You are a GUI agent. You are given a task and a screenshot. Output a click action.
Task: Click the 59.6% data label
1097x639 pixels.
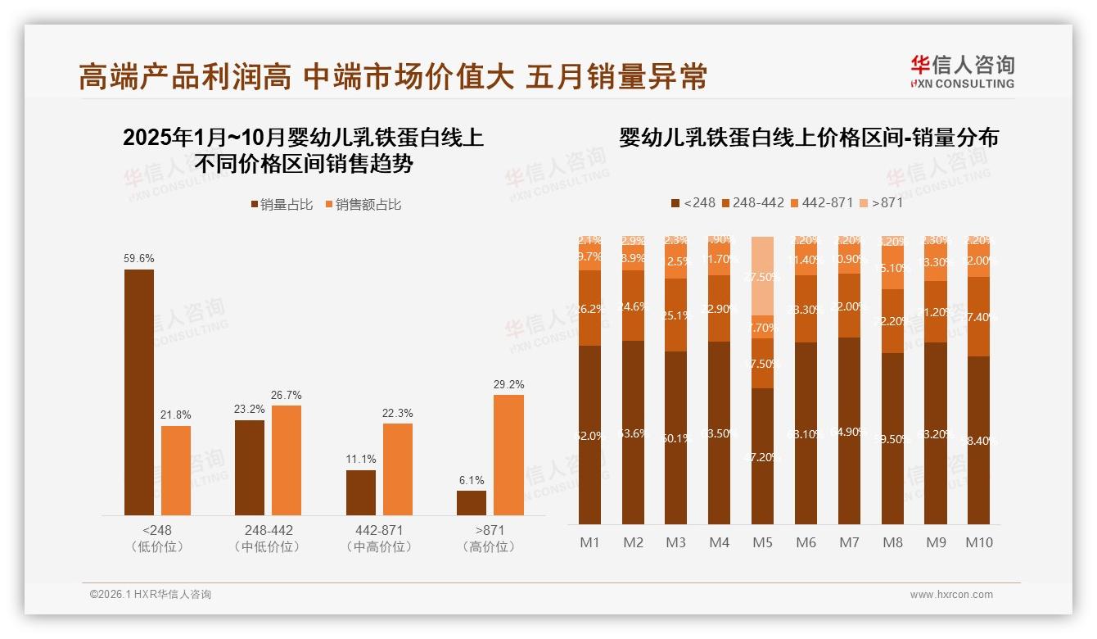[139, 258]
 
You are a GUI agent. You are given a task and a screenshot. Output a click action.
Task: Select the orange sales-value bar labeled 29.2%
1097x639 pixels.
[508, 455]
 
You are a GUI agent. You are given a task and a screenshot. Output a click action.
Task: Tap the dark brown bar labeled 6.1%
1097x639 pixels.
[472, 503]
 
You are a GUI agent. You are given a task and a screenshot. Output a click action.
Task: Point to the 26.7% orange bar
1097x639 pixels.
[287, 460]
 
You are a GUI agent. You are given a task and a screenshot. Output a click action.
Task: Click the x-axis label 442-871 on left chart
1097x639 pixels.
[379, 530]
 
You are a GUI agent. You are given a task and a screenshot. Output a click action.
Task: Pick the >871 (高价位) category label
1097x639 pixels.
[490, 537]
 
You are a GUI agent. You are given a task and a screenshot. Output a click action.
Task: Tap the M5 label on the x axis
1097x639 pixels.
[762, 542]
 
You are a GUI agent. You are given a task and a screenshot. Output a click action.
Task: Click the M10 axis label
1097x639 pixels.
[978, 542]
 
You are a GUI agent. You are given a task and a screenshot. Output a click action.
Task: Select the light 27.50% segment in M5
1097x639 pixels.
[762, 276]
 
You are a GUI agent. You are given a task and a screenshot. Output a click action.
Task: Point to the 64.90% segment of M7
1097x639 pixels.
[849, 431]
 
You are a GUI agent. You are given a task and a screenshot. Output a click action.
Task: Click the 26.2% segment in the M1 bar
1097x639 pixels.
[589, 308]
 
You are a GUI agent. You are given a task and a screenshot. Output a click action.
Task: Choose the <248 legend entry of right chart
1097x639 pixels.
[693, 202]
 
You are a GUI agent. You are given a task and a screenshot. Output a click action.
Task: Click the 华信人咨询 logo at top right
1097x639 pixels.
[962, 71]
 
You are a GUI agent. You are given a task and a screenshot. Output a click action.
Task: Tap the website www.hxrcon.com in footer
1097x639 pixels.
[950, 595]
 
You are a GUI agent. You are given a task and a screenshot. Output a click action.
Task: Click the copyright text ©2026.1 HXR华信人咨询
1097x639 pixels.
[151, 595]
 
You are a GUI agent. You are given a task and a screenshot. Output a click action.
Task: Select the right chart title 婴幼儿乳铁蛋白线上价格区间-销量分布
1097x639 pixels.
[809, 138]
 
